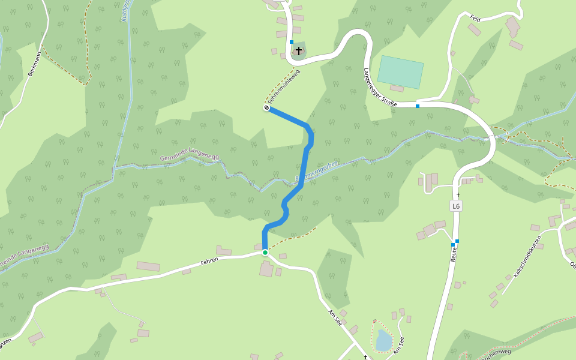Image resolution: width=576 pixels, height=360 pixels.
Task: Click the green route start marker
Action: (x=265, y=253)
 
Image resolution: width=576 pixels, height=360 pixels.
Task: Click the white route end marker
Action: (x=266, y=108)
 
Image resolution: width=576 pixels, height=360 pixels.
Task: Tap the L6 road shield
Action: (x=456, y=206)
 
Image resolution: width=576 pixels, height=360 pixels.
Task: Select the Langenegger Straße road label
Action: (x=379, y=88)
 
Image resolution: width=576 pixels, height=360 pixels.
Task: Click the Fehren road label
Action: (x=209, y=261)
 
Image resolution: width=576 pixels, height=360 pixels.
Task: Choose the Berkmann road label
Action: (x=35, y=64)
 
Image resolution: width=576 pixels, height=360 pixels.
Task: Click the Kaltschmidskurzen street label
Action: (x=527, y=256)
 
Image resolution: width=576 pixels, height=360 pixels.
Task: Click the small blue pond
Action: (x=383, y=340)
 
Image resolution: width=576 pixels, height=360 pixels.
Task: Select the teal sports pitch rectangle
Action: (x=400, y=72)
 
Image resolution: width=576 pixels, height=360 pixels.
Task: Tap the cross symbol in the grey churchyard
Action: (x=299, y=51)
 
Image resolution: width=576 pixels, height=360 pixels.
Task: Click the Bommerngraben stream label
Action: (x=318, y=171)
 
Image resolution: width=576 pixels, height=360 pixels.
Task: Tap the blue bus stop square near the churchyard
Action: (x=292, y=42)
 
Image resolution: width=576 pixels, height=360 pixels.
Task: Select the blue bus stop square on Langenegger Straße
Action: (x=417, y=106)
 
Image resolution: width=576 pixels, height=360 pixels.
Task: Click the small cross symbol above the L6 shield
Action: (x=458, y=194)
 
